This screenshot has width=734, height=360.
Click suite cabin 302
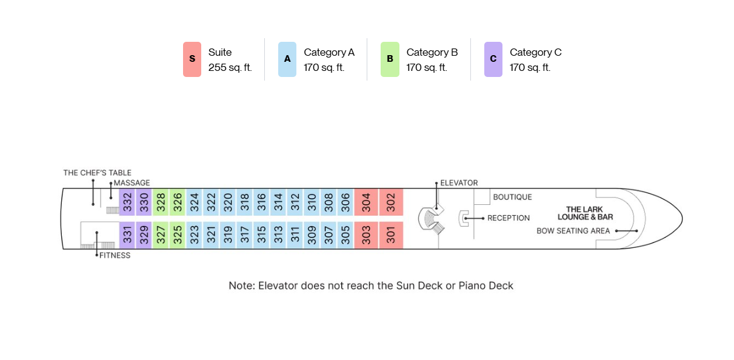point(391,202)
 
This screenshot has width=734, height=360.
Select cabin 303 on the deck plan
point(366,235)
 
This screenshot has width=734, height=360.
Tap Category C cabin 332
point(127,202)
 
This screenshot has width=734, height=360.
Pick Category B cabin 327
point(161,235)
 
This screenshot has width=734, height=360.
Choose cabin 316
point(261,202)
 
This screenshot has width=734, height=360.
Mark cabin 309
point(312,235)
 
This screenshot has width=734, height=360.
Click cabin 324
point(195,202)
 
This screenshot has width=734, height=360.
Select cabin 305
point(345,235)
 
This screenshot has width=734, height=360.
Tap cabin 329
point(144,235)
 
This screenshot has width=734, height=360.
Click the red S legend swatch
point(192,59)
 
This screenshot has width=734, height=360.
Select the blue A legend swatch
point(287,59)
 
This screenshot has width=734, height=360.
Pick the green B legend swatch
point(390,59)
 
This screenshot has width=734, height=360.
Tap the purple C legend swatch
point(493,59)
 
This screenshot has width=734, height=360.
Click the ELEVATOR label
point(459,183)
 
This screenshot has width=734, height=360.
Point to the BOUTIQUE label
point(513,197)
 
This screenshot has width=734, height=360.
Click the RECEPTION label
point(509,218)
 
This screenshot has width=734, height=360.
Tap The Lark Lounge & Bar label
point(586,213)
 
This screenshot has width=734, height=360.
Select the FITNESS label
point(115,256)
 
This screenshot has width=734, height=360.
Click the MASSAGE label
point(132,183)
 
